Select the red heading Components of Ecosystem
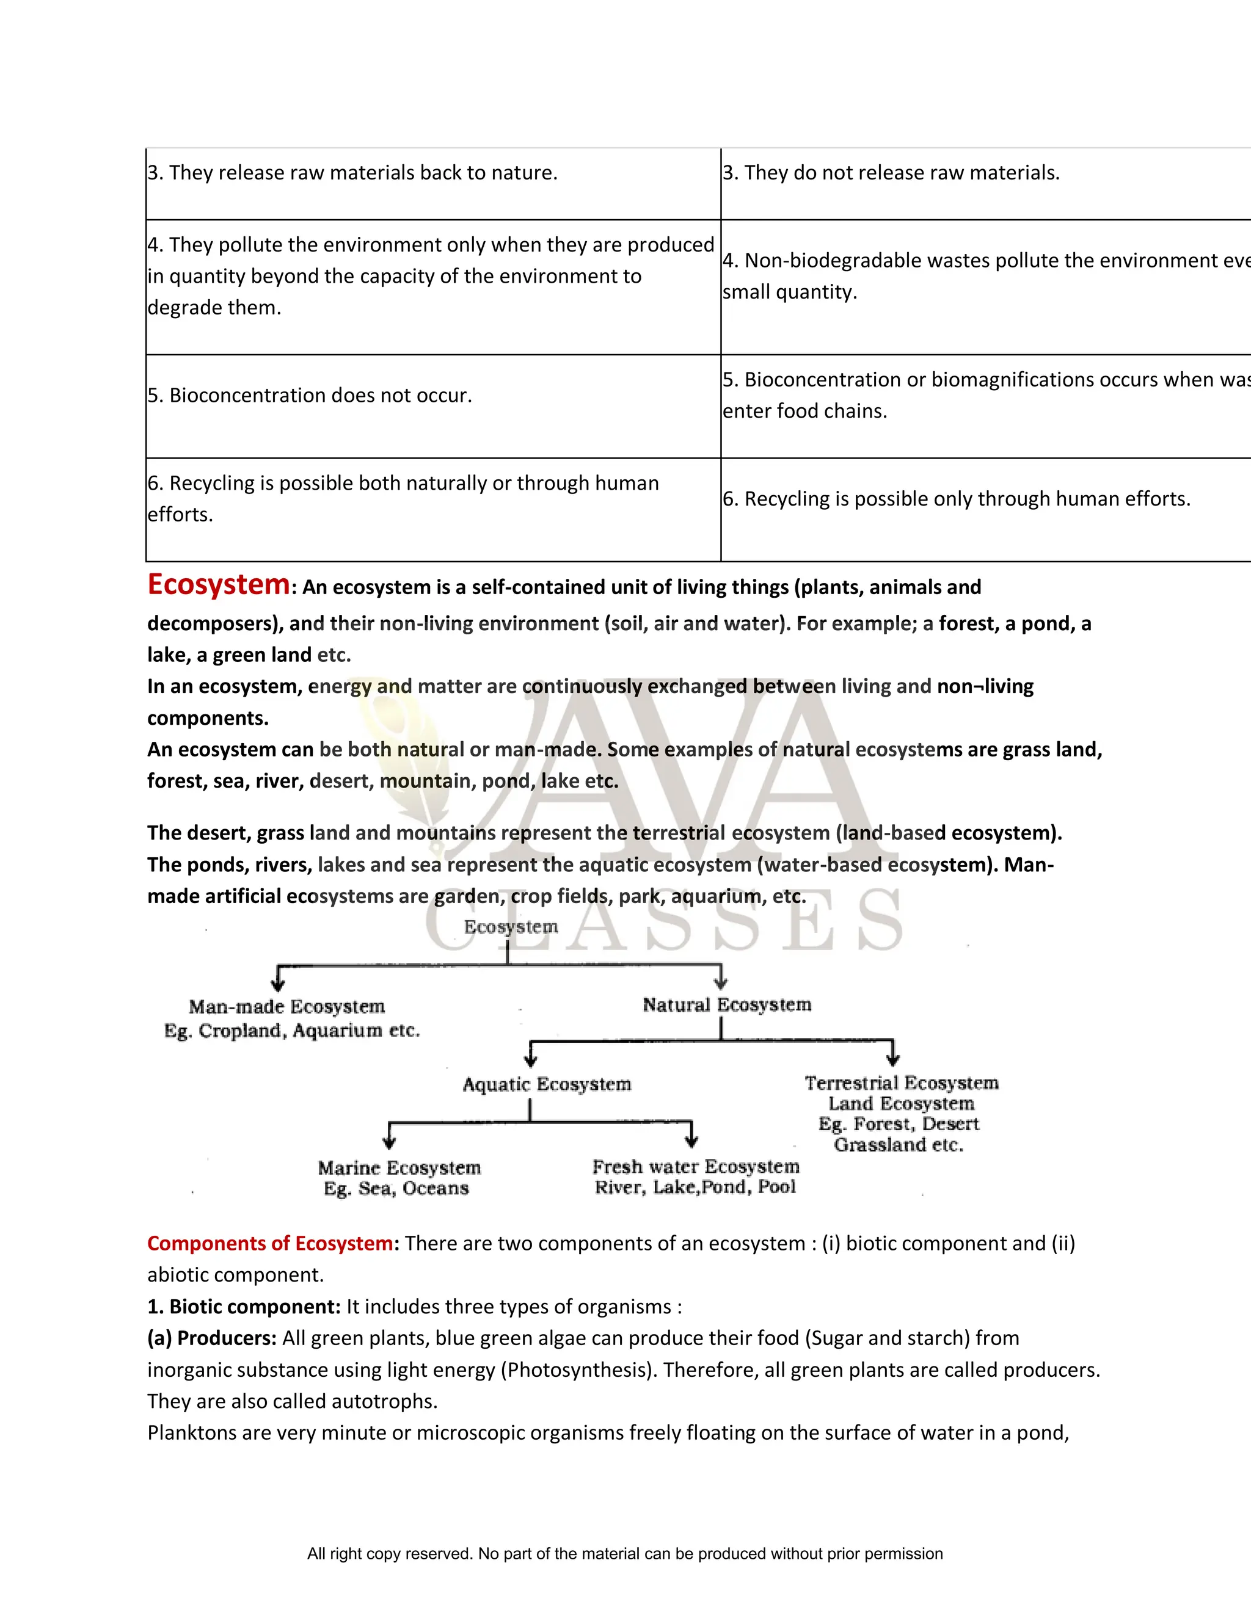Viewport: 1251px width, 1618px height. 271,1243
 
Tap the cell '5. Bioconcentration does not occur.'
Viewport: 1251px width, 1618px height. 310,396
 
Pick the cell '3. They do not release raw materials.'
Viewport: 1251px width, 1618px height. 891,173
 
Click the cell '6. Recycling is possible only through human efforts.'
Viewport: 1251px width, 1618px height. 956,499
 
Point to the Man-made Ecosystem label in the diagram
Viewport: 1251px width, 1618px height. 287,1007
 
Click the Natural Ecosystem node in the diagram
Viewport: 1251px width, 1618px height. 726,1006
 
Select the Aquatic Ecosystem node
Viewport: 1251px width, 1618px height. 546,1084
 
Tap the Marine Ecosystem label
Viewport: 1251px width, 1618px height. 399,1168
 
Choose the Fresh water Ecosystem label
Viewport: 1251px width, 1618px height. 695,1167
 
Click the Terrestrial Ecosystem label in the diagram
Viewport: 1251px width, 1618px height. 901,1083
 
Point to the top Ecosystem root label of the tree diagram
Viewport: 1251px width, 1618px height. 511,927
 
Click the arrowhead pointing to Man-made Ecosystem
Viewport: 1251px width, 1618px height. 278,984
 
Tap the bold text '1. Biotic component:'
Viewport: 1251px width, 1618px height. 244,1307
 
